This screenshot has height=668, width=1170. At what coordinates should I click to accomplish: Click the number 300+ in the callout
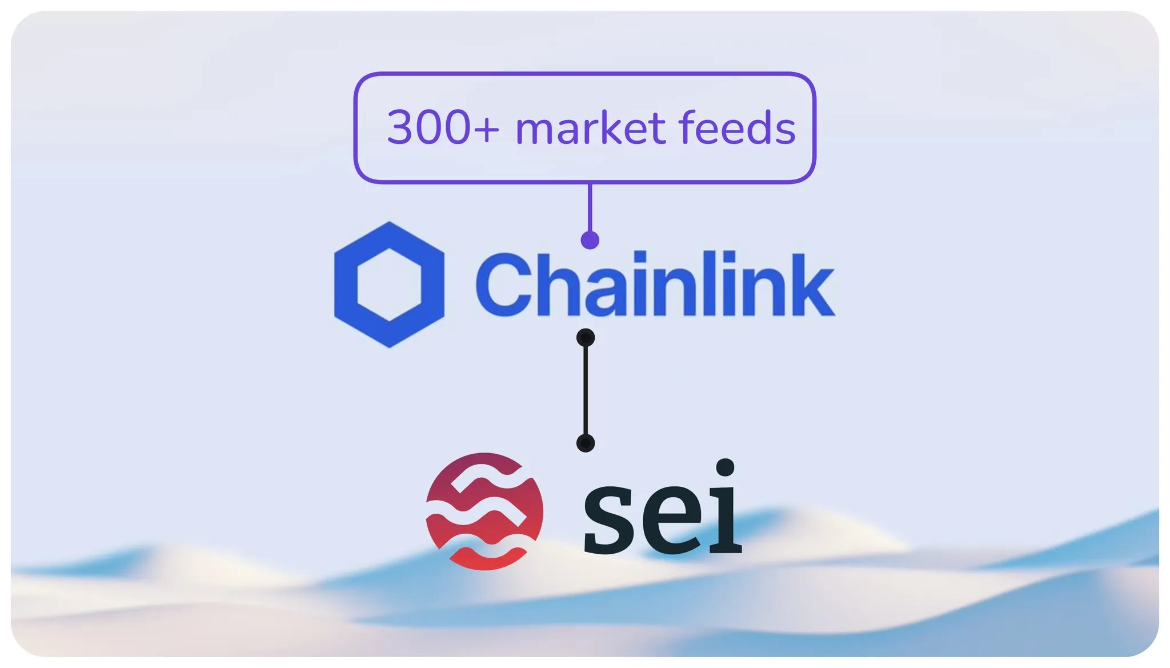(x=443, y=127)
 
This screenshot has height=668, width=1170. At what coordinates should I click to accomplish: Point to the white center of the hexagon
(x=389, y=284)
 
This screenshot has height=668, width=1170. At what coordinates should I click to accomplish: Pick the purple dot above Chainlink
(x=590, y=240)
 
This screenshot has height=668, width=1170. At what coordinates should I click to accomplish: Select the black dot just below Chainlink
(x=586, y=338)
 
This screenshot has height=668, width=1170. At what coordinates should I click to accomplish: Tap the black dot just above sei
(x=586, y=443)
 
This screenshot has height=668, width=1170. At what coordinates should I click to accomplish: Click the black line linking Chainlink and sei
(x=586, y=390)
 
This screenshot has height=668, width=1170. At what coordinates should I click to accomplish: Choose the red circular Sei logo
(x=484, y=511)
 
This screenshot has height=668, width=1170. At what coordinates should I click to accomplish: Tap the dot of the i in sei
(x=725, y=467)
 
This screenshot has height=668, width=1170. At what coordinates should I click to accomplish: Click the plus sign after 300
(x=486, y=129)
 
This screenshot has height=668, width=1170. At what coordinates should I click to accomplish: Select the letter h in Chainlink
(x=550, y=284)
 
